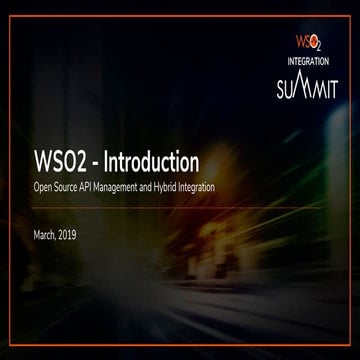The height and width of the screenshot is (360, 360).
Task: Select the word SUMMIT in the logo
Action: pos(307,86)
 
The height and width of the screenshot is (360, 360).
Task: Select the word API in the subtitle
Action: pos(97,187)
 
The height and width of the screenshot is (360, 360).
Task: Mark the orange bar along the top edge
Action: pos(180,2)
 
